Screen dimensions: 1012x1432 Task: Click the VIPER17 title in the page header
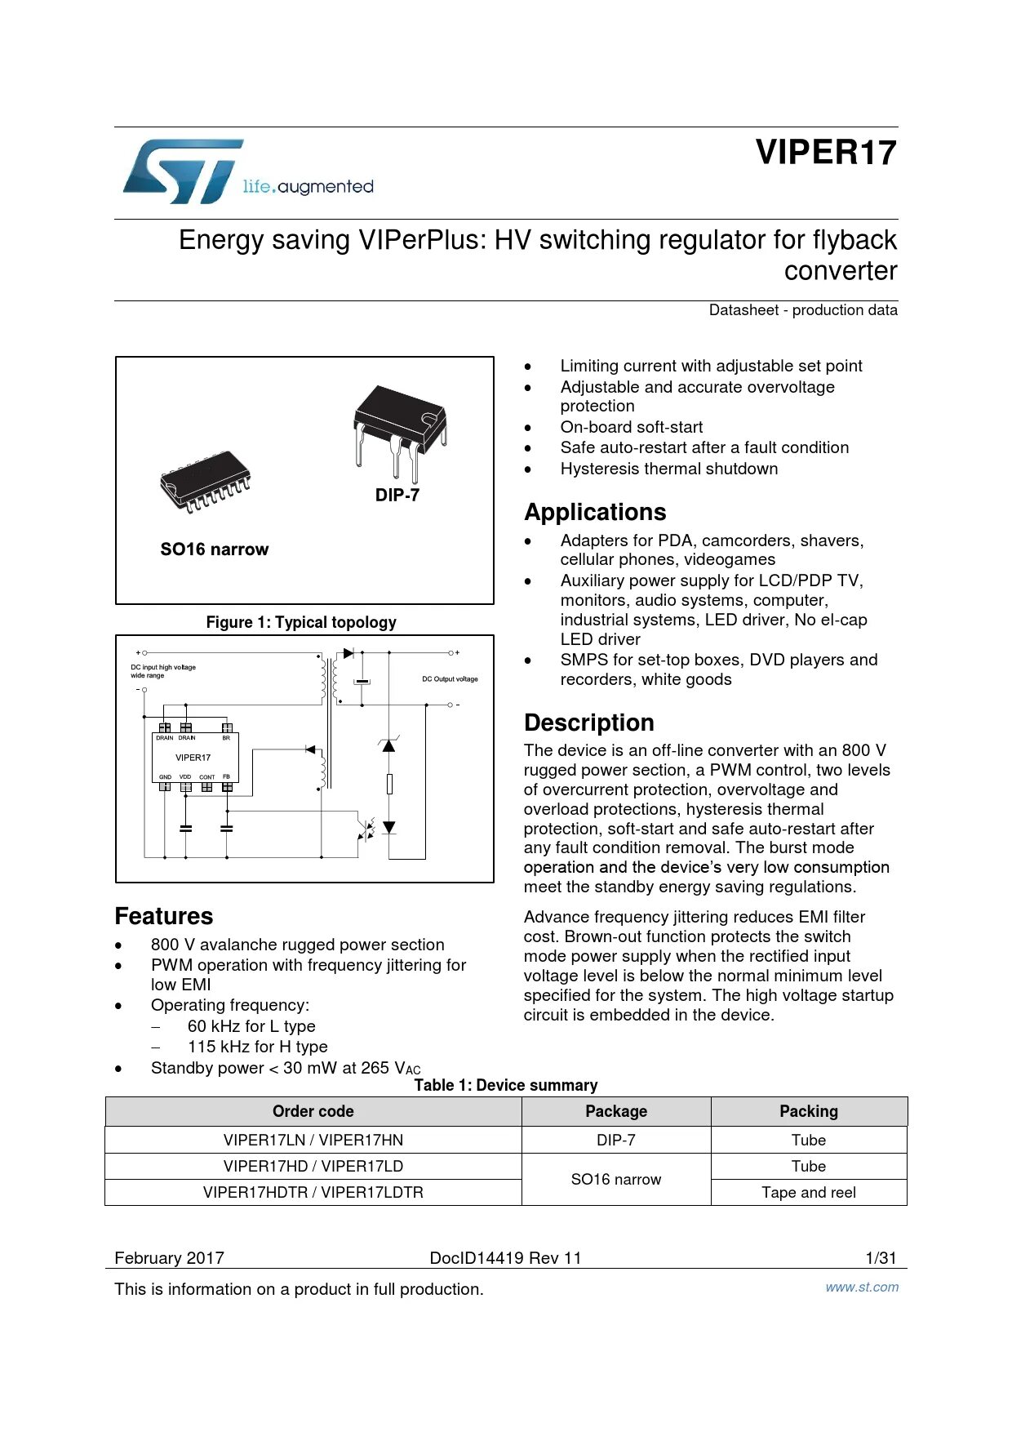pyautogui.click(x=825, y=153)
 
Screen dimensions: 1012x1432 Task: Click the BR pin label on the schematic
pyautogui.click(x=226, y=738)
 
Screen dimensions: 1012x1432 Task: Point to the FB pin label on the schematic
pyautogui.click(x=226, y=776)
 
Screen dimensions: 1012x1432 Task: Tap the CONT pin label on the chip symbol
pyautogui.click(x=207, y=777)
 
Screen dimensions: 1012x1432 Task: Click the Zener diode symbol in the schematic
pyautogui.click(x=389, y=745)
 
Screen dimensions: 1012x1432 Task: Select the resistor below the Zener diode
pyautogui.click(x=389, y=784)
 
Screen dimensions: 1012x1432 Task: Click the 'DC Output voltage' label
pyautogui.click(x=450, y=679)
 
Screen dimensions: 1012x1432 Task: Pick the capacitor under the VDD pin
pyautogui.click(x=186, y=828)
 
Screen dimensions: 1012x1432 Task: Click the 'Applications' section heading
pyautogui.click(x=595, y=512)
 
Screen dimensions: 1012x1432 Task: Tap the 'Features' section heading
pyautogui.click(x=163, y=916)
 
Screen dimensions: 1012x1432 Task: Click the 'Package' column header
pyautogui.click(x=616, y=1111)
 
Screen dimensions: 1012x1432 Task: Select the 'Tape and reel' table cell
pyautogui.click(x=808, y=1192)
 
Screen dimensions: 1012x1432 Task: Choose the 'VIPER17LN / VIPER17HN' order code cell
pyautogui.click(x=313, y=1140)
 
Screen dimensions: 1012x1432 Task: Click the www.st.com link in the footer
pyautogui.click(x=862, y=1287)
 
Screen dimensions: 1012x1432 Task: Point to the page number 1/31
pyautogui.click(x=881, y=1258)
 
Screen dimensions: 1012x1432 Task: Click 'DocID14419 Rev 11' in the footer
pyautogui.click(x=505, y=1258)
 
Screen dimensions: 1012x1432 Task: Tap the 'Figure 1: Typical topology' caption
pyautogui.click(x=301, y=622)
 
